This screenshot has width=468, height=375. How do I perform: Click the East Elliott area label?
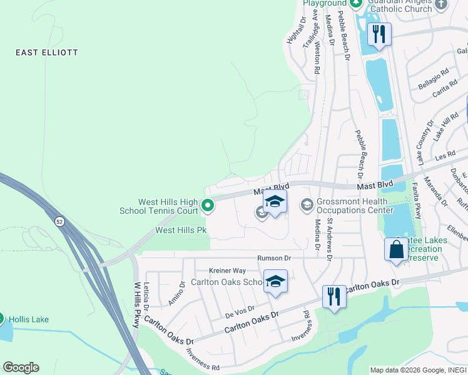click(x=47, y=52)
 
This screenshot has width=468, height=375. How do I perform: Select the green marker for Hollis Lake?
click(x=1, y=319)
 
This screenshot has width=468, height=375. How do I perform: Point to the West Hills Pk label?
click(x=181, y=230)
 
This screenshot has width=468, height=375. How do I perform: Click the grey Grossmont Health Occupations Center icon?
click(x=307, y=204)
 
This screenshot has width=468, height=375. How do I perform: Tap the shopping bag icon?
click(x=396, y=249)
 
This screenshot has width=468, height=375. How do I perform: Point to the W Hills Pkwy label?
click(x=138, y=299)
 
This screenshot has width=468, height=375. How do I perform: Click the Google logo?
click(x=21, y=367)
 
